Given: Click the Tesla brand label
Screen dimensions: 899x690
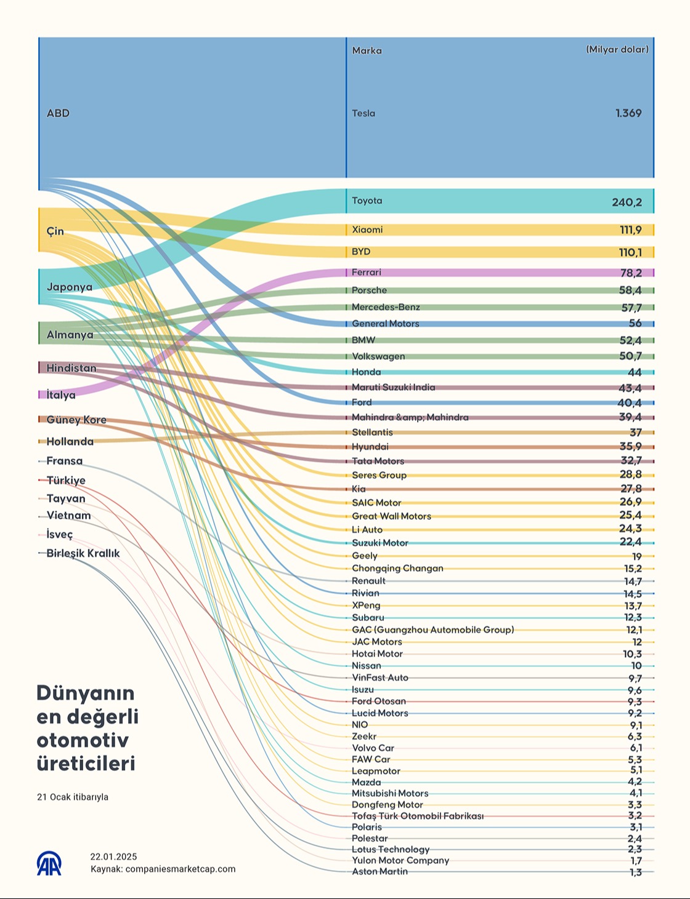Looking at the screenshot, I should click(363, 113).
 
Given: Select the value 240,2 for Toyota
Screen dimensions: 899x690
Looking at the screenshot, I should click(627, 202).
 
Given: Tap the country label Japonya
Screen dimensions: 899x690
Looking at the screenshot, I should click(70, 287).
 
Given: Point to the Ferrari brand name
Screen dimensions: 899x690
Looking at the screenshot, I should click(367, 273).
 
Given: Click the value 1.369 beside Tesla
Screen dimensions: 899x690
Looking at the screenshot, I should click(628, 113).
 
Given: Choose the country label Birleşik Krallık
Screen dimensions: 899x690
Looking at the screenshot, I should click(83, 553).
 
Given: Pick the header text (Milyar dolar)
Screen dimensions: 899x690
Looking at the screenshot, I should click(617, 50).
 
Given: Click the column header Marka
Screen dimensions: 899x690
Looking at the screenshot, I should click(367, 50).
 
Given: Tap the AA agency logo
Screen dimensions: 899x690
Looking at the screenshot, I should click(49, 863).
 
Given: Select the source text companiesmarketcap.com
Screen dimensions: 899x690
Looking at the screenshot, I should click(181, 869).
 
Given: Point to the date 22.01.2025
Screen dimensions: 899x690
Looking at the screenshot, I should click(113, 857).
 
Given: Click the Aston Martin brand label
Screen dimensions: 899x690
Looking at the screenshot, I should click(379, 872).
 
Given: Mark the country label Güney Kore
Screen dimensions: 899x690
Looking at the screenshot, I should click(76, 420).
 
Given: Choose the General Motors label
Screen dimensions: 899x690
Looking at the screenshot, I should click(385, 324).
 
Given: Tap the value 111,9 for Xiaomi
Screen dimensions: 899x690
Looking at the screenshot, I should click(630, 230).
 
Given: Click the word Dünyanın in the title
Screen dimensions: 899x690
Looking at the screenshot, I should click(86, 693).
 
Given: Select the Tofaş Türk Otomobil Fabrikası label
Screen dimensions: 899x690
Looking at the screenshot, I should click(418, 816).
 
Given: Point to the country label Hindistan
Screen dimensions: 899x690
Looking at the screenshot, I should click(71, 368).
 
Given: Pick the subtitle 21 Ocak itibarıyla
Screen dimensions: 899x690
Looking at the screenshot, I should click(73, 797).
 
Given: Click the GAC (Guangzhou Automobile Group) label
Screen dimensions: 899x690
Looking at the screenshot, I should click(432, 629).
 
